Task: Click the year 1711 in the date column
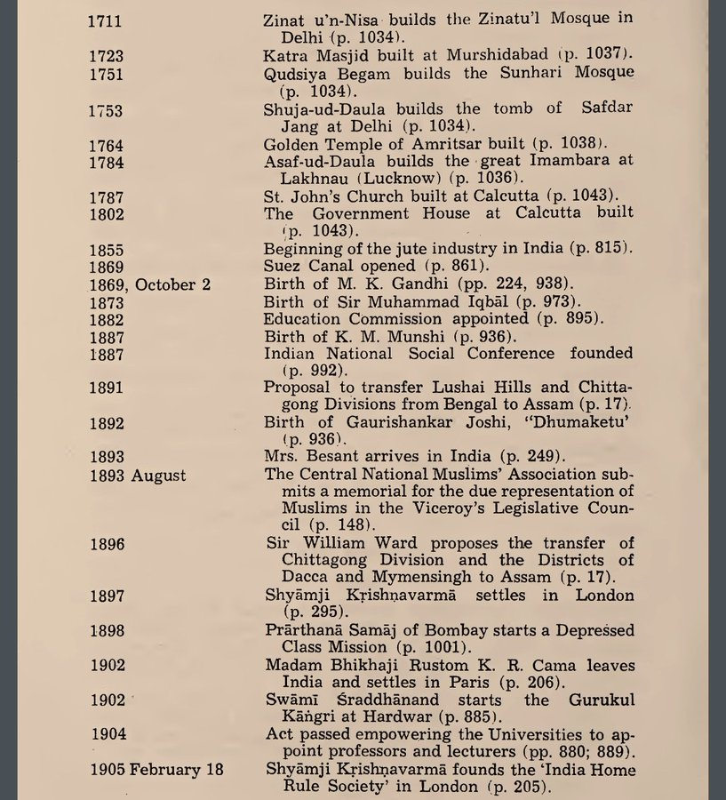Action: pyautogui.click(x=106, y=20)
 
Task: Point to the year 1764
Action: pyautogui.click(x=107, y=143)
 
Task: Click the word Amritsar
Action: pyautogui.click(x=463, y=143)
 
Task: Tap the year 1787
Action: pyautogui.click(x=107, y=196)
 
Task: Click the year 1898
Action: pyautogui.click(x=107, y=630)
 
